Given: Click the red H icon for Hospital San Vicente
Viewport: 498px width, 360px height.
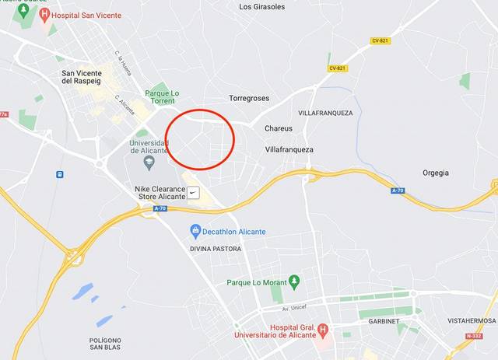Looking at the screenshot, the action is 44,14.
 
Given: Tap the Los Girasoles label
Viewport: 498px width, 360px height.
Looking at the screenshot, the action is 262,7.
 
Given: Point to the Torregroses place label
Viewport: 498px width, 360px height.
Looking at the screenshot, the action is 248,99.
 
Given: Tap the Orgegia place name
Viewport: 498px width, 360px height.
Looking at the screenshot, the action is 436,173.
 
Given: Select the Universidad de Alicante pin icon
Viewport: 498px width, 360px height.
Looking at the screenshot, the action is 148,161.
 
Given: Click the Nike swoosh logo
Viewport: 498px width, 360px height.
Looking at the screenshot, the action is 194,192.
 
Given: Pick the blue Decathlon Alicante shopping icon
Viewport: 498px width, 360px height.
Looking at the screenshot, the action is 195,231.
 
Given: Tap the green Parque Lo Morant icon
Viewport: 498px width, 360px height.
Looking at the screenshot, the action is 293,281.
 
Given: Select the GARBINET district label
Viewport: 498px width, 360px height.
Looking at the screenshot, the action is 384,320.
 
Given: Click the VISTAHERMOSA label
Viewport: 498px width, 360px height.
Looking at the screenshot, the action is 472,320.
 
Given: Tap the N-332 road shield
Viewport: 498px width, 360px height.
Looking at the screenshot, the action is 474,336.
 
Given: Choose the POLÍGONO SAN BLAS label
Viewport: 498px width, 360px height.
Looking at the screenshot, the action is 105,344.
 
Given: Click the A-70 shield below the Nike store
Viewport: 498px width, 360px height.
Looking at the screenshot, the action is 160,208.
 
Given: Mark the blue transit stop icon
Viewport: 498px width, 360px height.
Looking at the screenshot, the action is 60,174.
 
